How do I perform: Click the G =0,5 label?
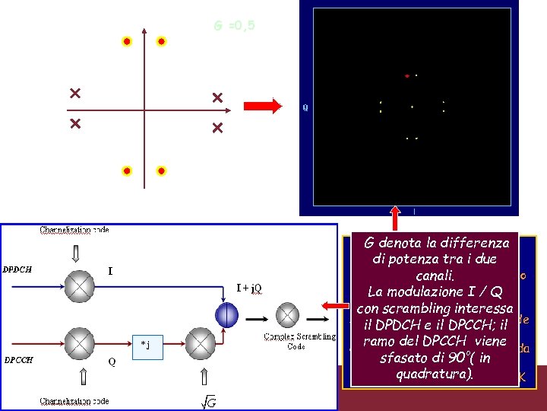click(x=234, y=27)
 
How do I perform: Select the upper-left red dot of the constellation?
click(x=127, y=41)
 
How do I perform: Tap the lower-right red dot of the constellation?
click(x=161, y=171)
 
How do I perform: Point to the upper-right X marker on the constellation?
click(x=217, y=97)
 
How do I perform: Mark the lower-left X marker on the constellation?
click(x=74, y=123)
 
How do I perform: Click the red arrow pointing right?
click(x=263, y=107)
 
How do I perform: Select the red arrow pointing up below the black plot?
click(x=396, y=218)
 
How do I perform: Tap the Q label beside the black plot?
click(x=305, y=108)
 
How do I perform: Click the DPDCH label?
click(x=17, y=269)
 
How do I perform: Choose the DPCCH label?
click(x=18, y=360)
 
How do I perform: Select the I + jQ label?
click(x=249, y=288)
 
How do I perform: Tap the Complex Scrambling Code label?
click(x=290, y=340)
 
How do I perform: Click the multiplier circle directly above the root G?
click(x=201, y=345)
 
